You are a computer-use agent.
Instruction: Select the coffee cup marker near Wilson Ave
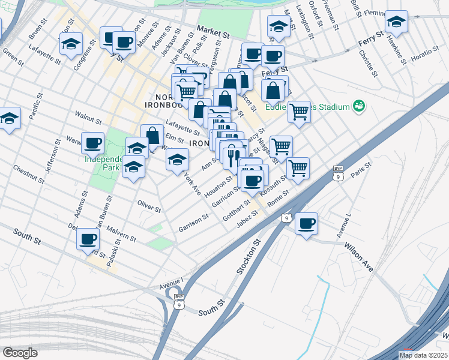coord(306,224)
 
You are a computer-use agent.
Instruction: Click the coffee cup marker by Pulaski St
coord(88,239)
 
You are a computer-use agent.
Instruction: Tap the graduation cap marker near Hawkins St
coord(396,23)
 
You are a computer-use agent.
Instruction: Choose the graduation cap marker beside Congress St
coord(71,44)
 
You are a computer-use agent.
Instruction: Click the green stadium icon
coord(360,106)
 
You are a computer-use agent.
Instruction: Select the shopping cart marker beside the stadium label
coord(298,111)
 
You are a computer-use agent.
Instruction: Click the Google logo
coord(20,352)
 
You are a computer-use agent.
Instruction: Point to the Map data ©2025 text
coord(423,355)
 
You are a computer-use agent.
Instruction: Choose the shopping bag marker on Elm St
coord(152,135)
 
